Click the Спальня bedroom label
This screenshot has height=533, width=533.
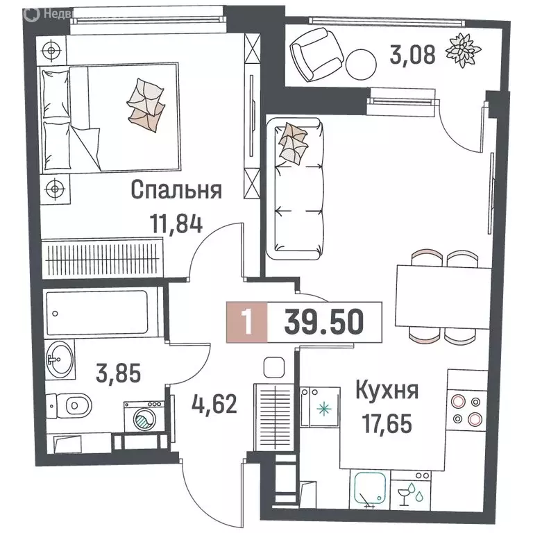[x=176, y=190]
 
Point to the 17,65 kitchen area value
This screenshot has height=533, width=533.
[x=386, y=421]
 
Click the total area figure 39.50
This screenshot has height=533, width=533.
[x=323, y=322]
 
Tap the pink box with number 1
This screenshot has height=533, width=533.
[x=246, y=322]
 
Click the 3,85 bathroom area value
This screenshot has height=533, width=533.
[x=118, y=375]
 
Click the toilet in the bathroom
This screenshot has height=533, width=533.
[x=71, y=405]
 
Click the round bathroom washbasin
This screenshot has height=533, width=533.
[x=59, y=359]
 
